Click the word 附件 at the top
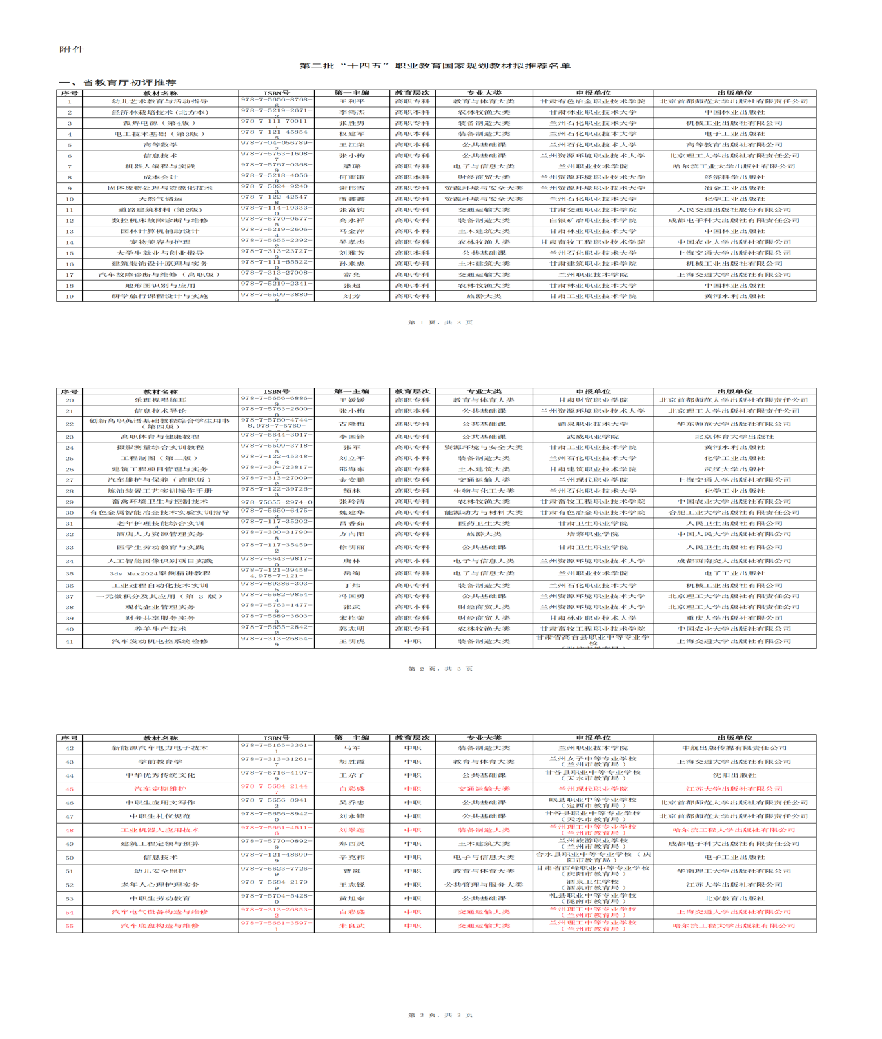pos(72,50)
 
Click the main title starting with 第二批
pos(435,66)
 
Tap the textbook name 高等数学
pos(160,145)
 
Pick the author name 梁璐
pos(351,166)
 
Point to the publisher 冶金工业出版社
pos(734,188)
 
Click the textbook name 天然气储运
pos(160,199)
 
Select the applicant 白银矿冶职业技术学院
pos(593,221)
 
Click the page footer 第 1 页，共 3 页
pos(440,322)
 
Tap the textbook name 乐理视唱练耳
pos(160,400)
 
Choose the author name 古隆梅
pos(351,424)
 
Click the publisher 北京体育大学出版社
pos(734,437)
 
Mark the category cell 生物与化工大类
pos(484,491)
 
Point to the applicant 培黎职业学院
pos(593,534)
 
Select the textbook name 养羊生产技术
pos(160,629)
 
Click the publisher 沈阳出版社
pos(734,775)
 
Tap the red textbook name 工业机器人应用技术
pos(160,830)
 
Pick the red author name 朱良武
pos(351,926)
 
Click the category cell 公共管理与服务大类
pos(484,884)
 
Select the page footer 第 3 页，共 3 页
pos(440,1015)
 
